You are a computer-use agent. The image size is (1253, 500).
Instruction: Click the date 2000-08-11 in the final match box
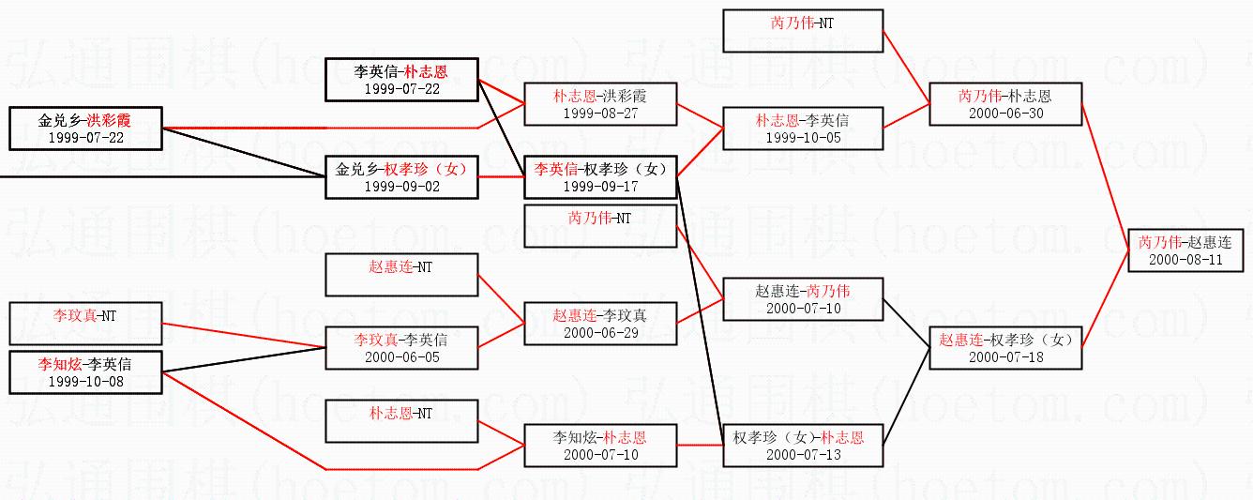[x=1185, y=260]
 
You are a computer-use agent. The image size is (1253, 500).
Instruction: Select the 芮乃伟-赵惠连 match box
[x=1185, y=250]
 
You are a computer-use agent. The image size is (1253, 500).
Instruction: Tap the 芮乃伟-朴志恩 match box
[x=1004, y=104]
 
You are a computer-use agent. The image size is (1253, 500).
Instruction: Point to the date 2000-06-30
[x=1004, y=114]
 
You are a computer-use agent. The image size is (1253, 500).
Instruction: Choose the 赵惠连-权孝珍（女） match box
[x=1005, y=348]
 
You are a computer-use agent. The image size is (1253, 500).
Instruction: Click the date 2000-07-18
[x=1005, y=357]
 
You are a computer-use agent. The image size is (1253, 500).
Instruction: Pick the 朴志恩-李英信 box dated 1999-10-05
[x=803, y=129]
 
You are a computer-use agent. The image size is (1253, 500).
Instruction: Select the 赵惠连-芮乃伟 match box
[x=803, y=299]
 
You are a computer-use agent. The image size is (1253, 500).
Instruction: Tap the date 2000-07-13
[x=803, y=455]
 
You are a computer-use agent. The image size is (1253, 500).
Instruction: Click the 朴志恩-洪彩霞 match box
[x=600, y=104]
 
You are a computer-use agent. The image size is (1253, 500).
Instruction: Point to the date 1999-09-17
[x=600, y=187]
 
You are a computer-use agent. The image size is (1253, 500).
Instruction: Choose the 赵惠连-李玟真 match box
[x=600, y=324]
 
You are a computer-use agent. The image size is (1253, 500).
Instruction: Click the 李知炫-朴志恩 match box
[x=600, y=446]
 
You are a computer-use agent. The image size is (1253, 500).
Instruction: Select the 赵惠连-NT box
[x=401, y=275]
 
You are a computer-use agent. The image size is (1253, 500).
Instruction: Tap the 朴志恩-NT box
[x=401, y=420]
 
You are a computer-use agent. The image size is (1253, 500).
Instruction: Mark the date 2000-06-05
[x=401, y=357]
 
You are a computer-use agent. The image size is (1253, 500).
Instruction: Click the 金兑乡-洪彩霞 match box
[x=85, y=129]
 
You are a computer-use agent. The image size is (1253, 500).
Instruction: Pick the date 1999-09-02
[x=401, y=187]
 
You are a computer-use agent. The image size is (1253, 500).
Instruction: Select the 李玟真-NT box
[x=85, y=324]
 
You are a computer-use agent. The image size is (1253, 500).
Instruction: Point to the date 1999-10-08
[x=85, y=382]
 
